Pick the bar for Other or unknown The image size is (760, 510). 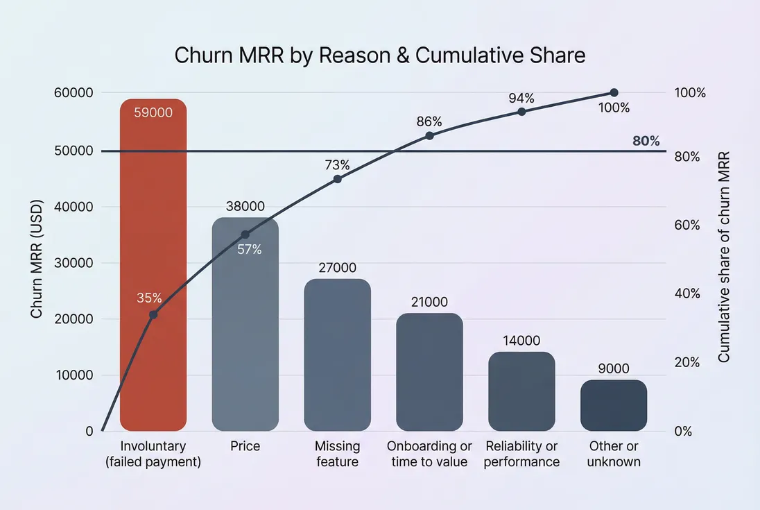(x=614, y=405)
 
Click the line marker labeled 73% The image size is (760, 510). (x=337, y=179)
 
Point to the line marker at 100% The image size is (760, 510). (x=614, y=93)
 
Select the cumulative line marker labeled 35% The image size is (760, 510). (x=153, y=315)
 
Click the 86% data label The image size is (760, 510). (x=429, y=121)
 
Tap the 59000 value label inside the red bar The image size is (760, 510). (x=153, y=112)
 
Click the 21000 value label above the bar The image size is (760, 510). (x=429, y=302)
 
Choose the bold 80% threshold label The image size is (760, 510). (x=646, y=141)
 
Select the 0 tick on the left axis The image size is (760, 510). (x=89, y=431)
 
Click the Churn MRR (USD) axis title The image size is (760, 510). (x=37, y=260)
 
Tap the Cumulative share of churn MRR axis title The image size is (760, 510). (x=724, y=257)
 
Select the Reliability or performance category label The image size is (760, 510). (x=521, y=454)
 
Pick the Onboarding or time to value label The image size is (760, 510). (x=429, y=454)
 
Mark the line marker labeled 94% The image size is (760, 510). (x=521, y=111)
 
